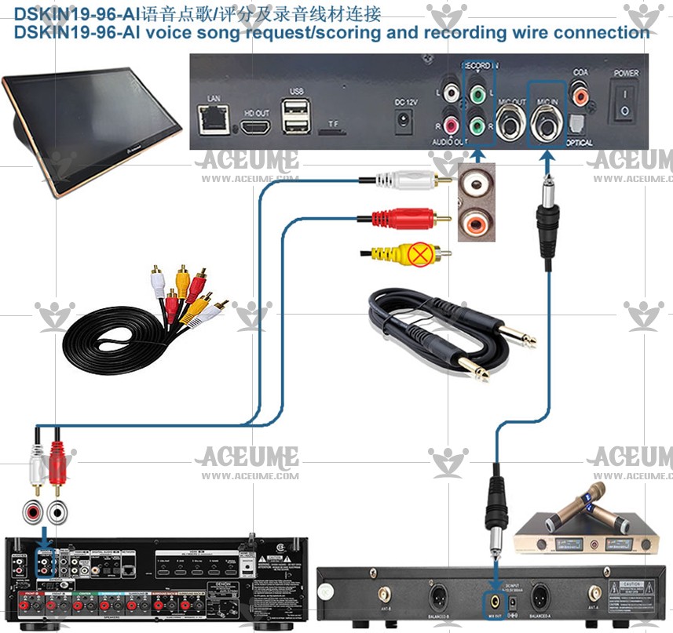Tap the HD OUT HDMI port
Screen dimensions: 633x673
(x=255, y=128)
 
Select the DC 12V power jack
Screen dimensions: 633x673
(x=404, y=120)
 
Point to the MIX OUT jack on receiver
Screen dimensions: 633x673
(x=496, y=602)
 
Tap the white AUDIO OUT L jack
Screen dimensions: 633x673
(x=451, y=93)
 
